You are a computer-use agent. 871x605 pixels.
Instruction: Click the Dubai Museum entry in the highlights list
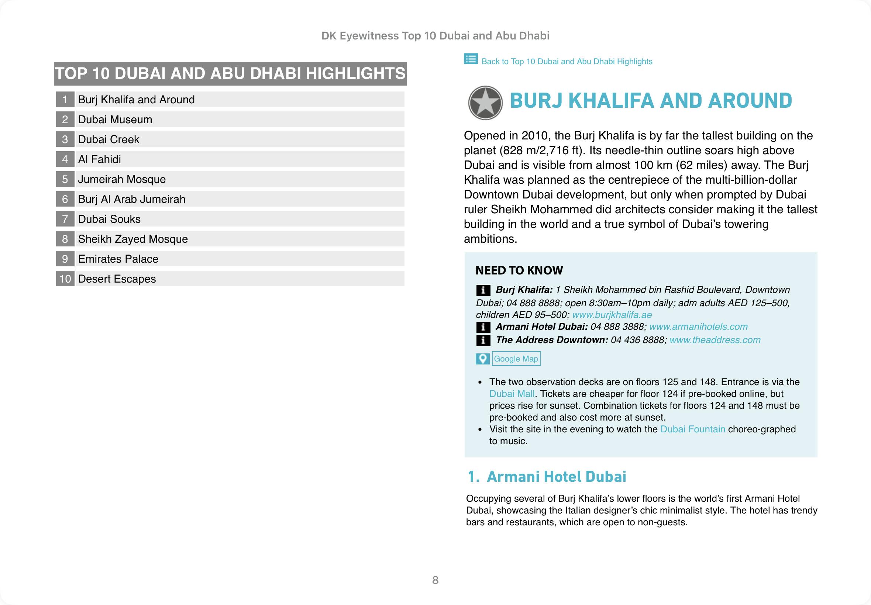point(115,120)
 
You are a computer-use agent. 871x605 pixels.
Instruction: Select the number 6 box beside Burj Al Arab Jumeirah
point(65,199)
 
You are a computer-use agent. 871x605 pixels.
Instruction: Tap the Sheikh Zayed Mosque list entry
point(133,239)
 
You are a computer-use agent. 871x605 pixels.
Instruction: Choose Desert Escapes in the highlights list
point(117,279)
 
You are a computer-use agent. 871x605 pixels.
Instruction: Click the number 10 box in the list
point(65,279)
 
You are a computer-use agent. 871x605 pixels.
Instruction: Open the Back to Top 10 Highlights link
point(567,61)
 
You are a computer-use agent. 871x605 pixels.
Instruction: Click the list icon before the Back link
point(471,59)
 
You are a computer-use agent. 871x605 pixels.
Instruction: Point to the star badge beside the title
point(485,103)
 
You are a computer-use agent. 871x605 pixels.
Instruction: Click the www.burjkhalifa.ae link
point(612,315)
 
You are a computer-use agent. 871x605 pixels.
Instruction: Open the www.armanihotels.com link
point(698,327)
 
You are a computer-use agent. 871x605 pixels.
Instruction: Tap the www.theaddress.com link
point(715,340)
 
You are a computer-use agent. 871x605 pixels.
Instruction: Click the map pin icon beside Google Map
point(482,359)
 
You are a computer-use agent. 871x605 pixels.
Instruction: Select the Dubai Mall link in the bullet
point(512,394)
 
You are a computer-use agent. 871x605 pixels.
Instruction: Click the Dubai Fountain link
point(692,429)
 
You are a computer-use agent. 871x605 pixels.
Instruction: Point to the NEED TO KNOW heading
point(519,270)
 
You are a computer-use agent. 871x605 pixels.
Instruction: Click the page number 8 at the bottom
point(435,580)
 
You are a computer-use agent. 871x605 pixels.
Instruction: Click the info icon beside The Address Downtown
point(483,340)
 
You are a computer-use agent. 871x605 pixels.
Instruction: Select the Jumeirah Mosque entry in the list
point(122,179)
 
